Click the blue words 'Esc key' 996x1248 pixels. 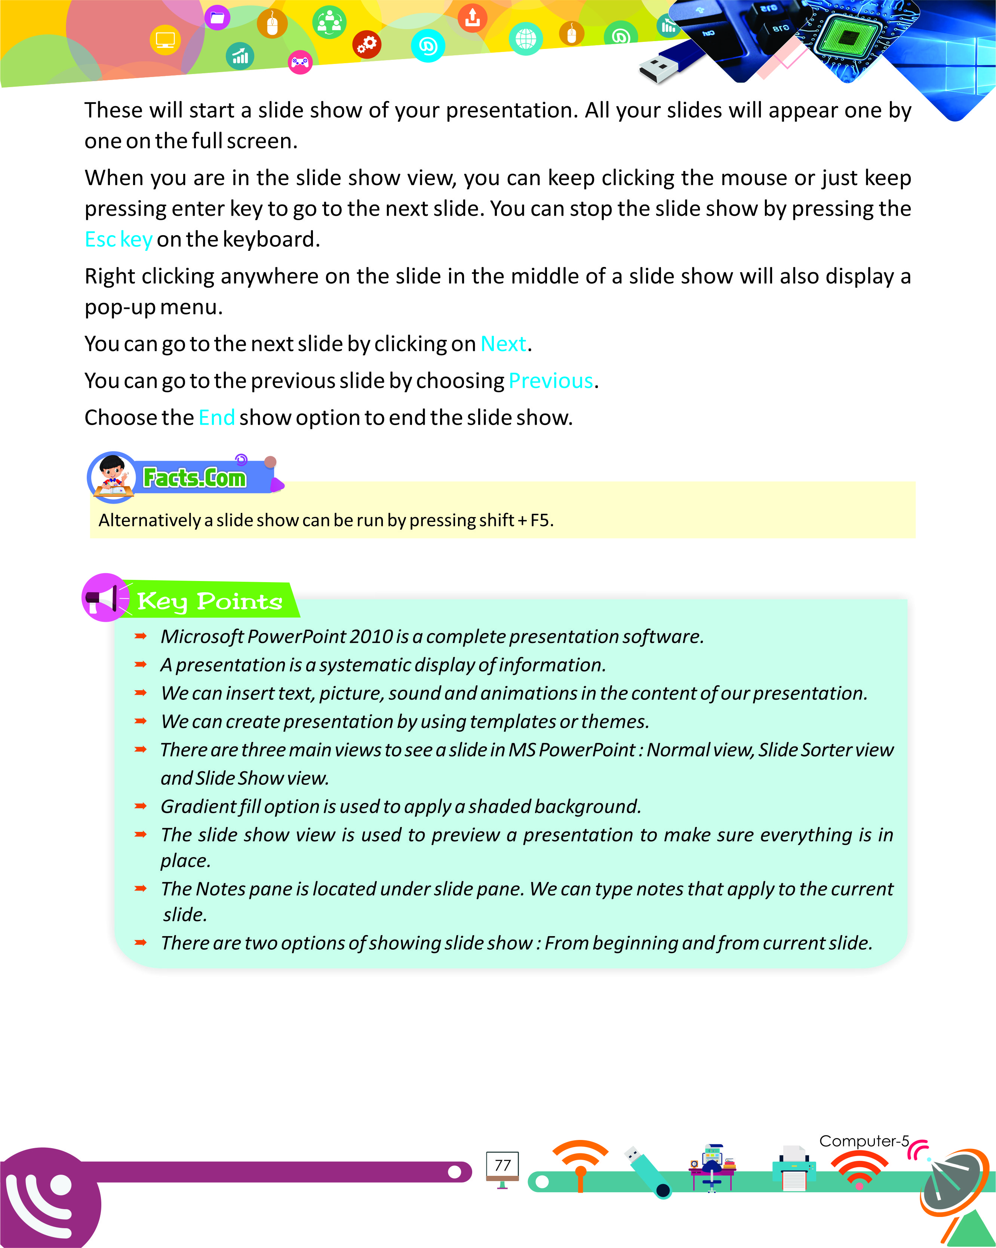(119, 239)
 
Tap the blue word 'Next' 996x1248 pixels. (503, 344)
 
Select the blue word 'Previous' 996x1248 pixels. (550, 381)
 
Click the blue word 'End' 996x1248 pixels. (216, 417)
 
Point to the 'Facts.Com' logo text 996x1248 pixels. (194, 478)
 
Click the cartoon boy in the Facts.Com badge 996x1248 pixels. (112, 475)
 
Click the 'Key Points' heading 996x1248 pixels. (209, 602)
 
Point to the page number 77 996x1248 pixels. (502, 1165)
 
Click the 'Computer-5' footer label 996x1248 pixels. (864, 1141)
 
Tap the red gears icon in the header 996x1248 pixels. (367, 44)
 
